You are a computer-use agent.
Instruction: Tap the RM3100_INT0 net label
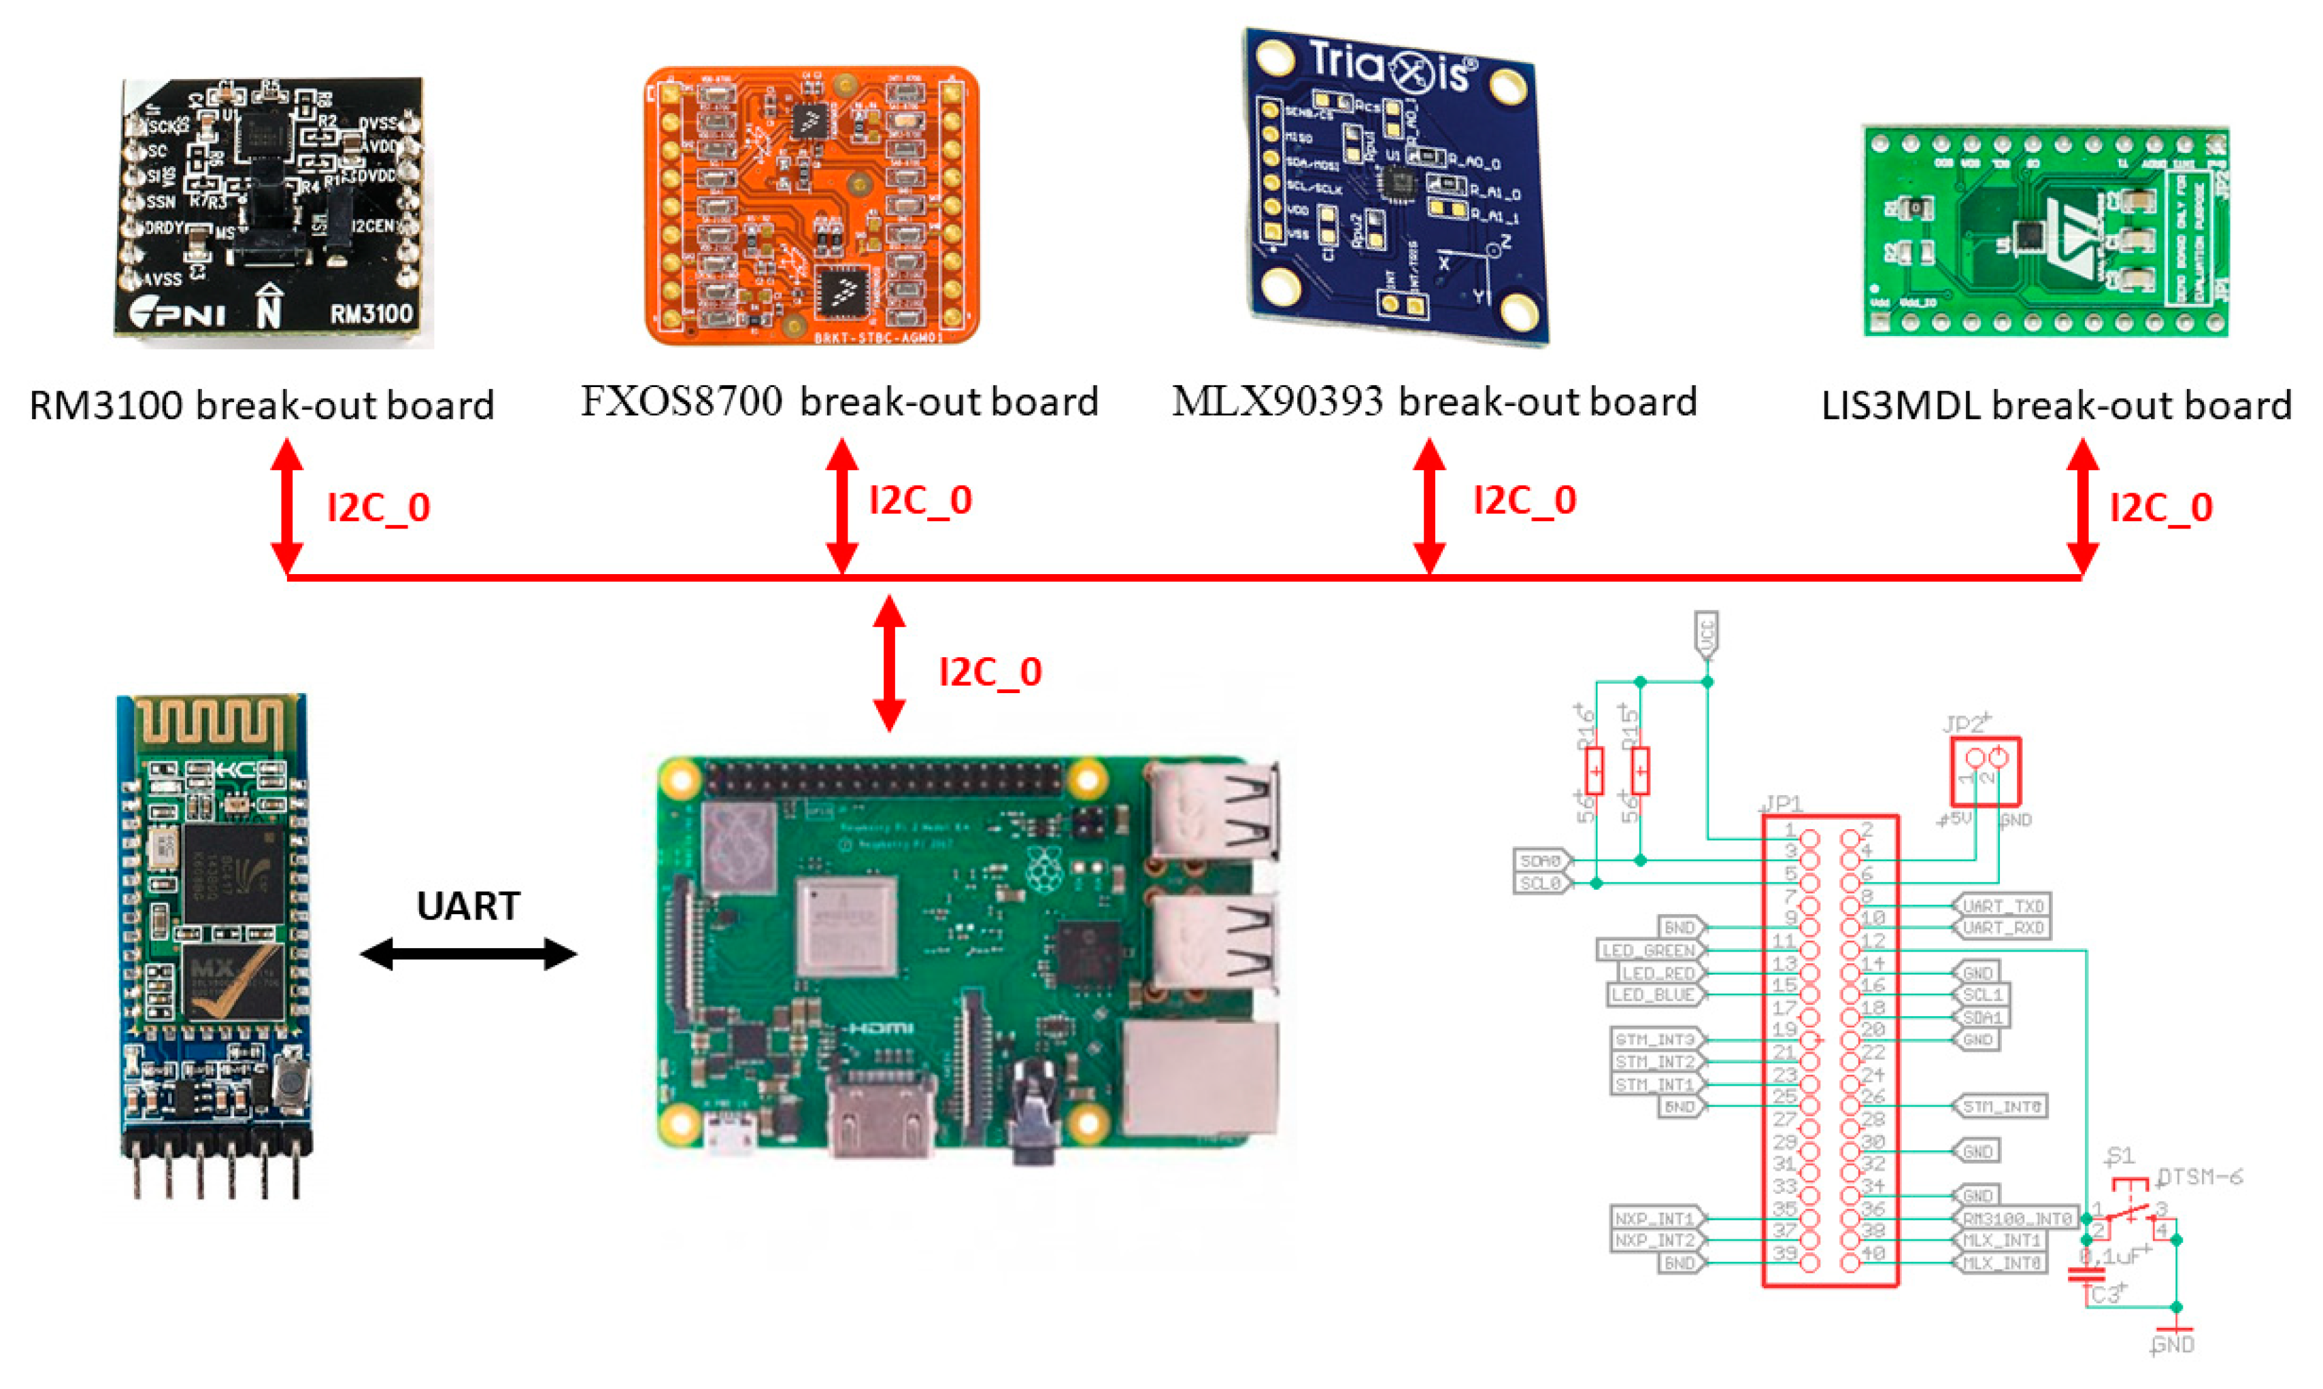(2016, 1218)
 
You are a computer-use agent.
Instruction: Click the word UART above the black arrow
(468, 906)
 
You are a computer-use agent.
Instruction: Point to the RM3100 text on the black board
(371, 314)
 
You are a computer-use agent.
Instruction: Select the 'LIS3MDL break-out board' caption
(2055, 405)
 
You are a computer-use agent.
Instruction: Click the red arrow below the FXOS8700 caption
(842, 505)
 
